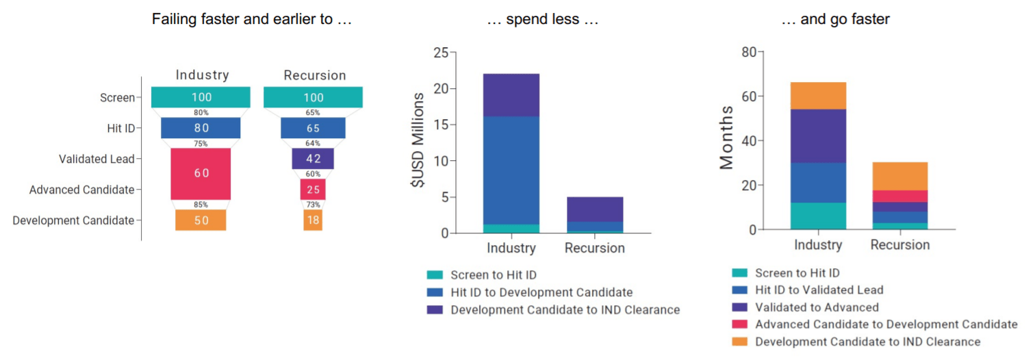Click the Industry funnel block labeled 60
[201, 174]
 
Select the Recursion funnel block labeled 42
[313, 159]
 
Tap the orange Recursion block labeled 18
[313, 220]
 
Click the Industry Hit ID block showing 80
[201, 128]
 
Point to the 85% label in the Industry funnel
[201, 205]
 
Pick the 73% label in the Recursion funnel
[313, 205]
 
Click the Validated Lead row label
[97, 159]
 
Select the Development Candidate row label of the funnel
[73, 220]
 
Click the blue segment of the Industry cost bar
[510, 170]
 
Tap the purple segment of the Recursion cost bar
[594, 209]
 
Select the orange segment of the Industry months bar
[818, 96]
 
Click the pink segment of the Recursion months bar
[900, 196]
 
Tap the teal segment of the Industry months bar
[818, 216]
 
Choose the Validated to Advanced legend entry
[816, 307]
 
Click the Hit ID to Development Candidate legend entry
[541, 292]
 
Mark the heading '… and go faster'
[835, 20]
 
